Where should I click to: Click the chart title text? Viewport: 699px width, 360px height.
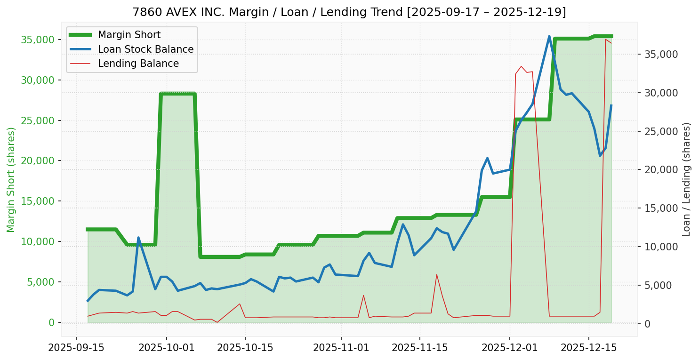[x=349, y=12]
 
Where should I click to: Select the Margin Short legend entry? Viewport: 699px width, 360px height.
[x=129, y=35]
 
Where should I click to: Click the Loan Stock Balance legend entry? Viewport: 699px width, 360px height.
[x=145, y=49]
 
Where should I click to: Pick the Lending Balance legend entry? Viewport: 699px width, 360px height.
[x=138, y=64]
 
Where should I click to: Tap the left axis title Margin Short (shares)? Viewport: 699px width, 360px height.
[x=11, y=180]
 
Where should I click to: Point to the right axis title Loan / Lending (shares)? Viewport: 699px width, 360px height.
[x=687, y=179]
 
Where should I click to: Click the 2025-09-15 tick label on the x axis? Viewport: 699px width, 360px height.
[x=76, y=349]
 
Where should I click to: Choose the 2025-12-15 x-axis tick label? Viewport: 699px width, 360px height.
[x=588, y=349]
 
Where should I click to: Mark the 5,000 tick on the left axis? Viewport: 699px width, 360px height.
[x=40, y=282]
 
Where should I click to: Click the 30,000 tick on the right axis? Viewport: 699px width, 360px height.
[x=661, y=93]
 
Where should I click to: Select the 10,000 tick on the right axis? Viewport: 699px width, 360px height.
[x=661, y=247]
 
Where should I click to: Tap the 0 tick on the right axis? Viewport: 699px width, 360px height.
[x=648, y=324]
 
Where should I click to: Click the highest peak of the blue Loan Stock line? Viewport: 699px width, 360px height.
[x=549, y=36]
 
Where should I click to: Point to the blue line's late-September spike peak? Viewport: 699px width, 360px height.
[x=138, y=238]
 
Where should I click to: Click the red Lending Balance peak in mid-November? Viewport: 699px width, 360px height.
[x=436, y=274]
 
